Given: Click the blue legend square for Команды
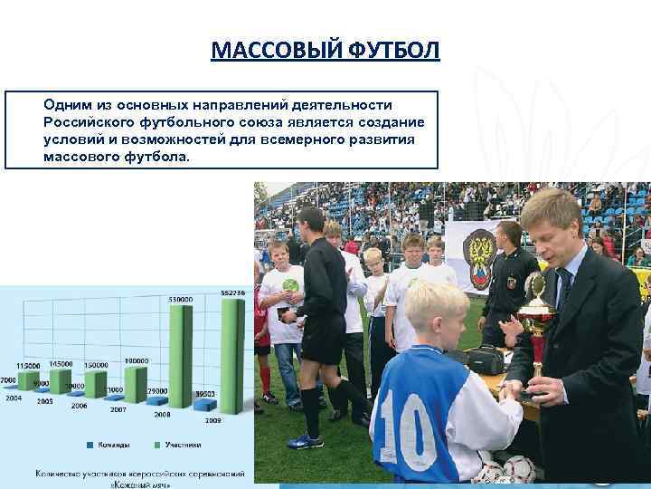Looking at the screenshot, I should tap(90, 445).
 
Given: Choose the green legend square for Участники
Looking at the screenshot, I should tap(158, 445).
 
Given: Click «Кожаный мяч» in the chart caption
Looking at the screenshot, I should tap(141, 484).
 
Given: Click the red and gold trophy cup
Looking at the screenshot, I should tap(537, 317).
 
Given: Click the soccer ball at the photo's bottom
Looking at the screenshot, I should tap(519, 469).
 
